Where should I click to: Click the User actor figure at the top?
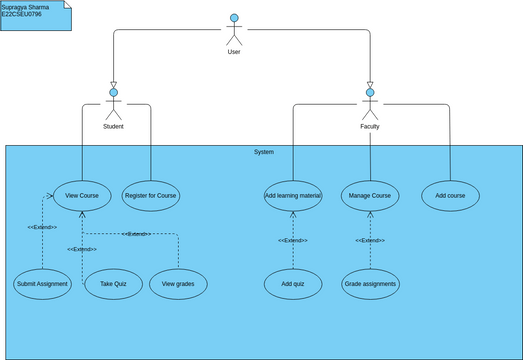[234, 29]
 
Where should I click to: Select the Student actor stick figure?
[113, 105]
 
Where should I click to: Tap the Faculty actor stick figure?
[370, 105]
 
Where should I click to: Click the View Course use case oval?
[82, 195]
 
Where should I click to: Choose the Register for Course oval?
[151, 195]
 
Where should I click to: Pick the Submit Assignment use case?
[43, 284]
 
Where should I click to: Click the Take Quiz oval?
[112, 284]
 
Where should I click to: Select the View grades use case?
[178, 284]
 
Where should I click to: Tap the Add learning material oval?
[293, 195]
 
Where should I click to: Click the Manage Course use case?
[370, 195]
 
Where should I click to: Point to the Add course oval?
[450, 195]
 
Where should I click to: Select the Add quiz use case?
[293, 284]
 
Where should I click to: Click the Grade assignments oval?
[370, 284]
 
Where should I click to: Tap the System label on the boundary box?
[263, 152]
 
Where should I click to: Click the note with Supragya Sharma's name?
[35, 14]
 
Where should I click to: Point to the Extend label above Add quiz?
[293, 241]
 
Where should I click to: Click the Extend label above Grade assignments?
[370, 241]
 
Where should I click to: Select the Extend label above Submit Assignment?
[42, 228]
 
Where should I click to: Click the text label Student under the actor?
[113, 127]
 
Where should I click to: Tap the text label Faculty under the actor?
[370, 127]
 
